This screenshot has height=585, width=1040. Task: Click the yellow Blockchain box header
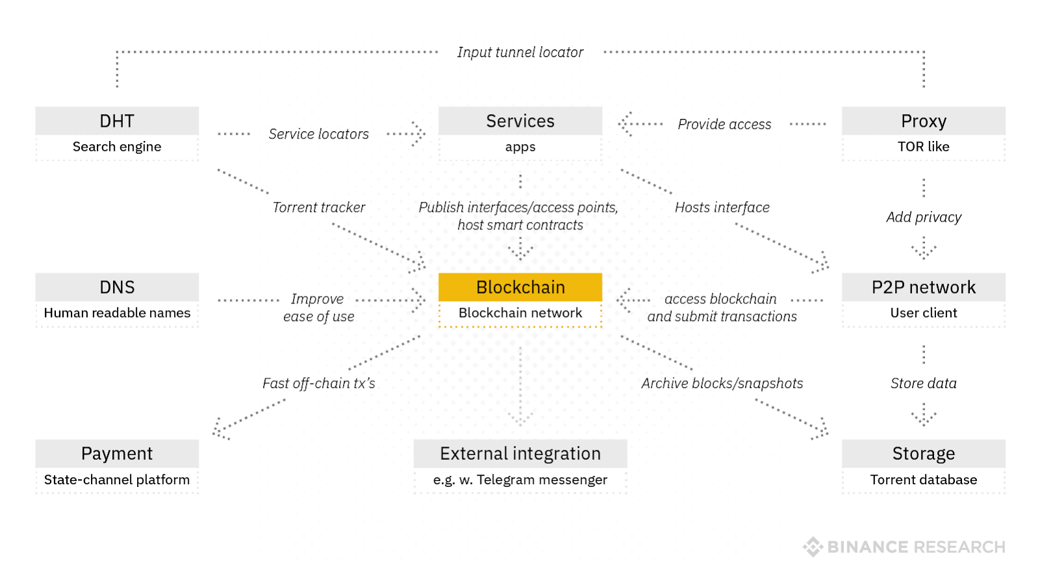point(520,287)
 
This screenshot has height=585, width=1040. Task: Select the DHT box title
point(117,121)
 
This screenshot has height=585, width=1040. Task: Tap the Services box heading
point(520,121)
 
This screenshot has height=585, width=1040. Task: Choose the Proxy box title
point(923,121)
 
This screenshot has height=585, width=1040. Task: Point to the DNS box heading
point(117,287)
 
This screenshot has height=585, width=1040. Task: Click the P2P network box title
point(923,287)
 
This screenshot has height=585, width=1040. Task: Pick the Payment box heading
point(117,454)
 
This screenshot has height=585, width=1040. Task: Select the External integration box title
point(520,454)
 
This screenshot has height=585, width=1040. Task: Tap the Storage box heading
point(923,454)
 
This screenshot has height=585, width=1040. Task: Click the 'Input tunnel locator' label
point(520,52)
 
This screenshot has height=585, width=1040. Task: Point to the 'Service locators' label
point(318,134)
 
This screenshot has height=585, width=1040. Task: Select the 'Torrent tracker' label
point(318,207)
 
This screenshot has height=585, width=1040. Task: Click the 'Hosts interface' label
point(721,207)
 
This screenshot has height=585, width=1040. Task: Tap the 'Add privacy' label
point(923,217)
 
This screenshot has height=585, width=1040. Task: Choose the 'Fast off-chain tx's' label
point(318,383)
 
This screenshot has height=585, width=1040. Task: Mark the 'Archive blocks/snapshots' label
point(721,383)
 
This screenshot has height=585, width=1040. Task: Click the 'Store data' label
point(923,383)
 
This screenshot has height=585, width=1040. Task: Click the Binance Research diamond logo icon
point(812,547)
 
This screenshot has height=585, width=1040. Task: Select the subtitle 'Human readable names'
point(117,313)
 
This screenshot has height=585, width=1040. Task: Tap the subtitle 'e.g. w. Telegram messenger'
point(520,480)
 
